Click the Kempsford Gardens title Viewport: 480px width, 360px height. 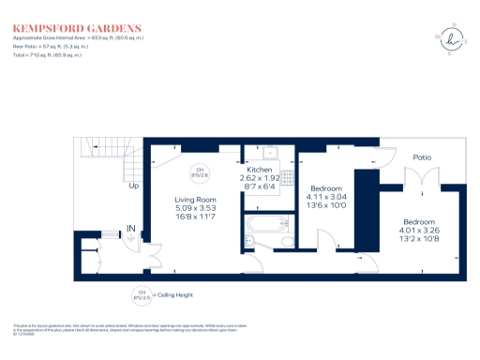[78, 29]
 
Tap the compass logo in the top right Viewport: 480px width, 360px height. [455, 38]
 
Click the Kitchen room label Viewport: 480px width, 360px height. [259, 169]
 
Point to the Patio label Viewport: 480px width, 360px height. [423, 157]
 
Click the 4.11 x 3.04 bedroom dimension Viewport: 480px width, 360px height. [328, 199]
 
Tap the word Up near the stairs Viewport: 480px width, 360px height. [134, 186]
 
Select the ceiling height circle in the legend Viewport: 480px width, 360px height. [142, 295]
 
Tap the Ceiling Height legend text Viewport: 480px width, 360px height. [176, 295]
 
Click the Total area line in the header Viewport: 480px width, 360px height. [47, 55]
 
